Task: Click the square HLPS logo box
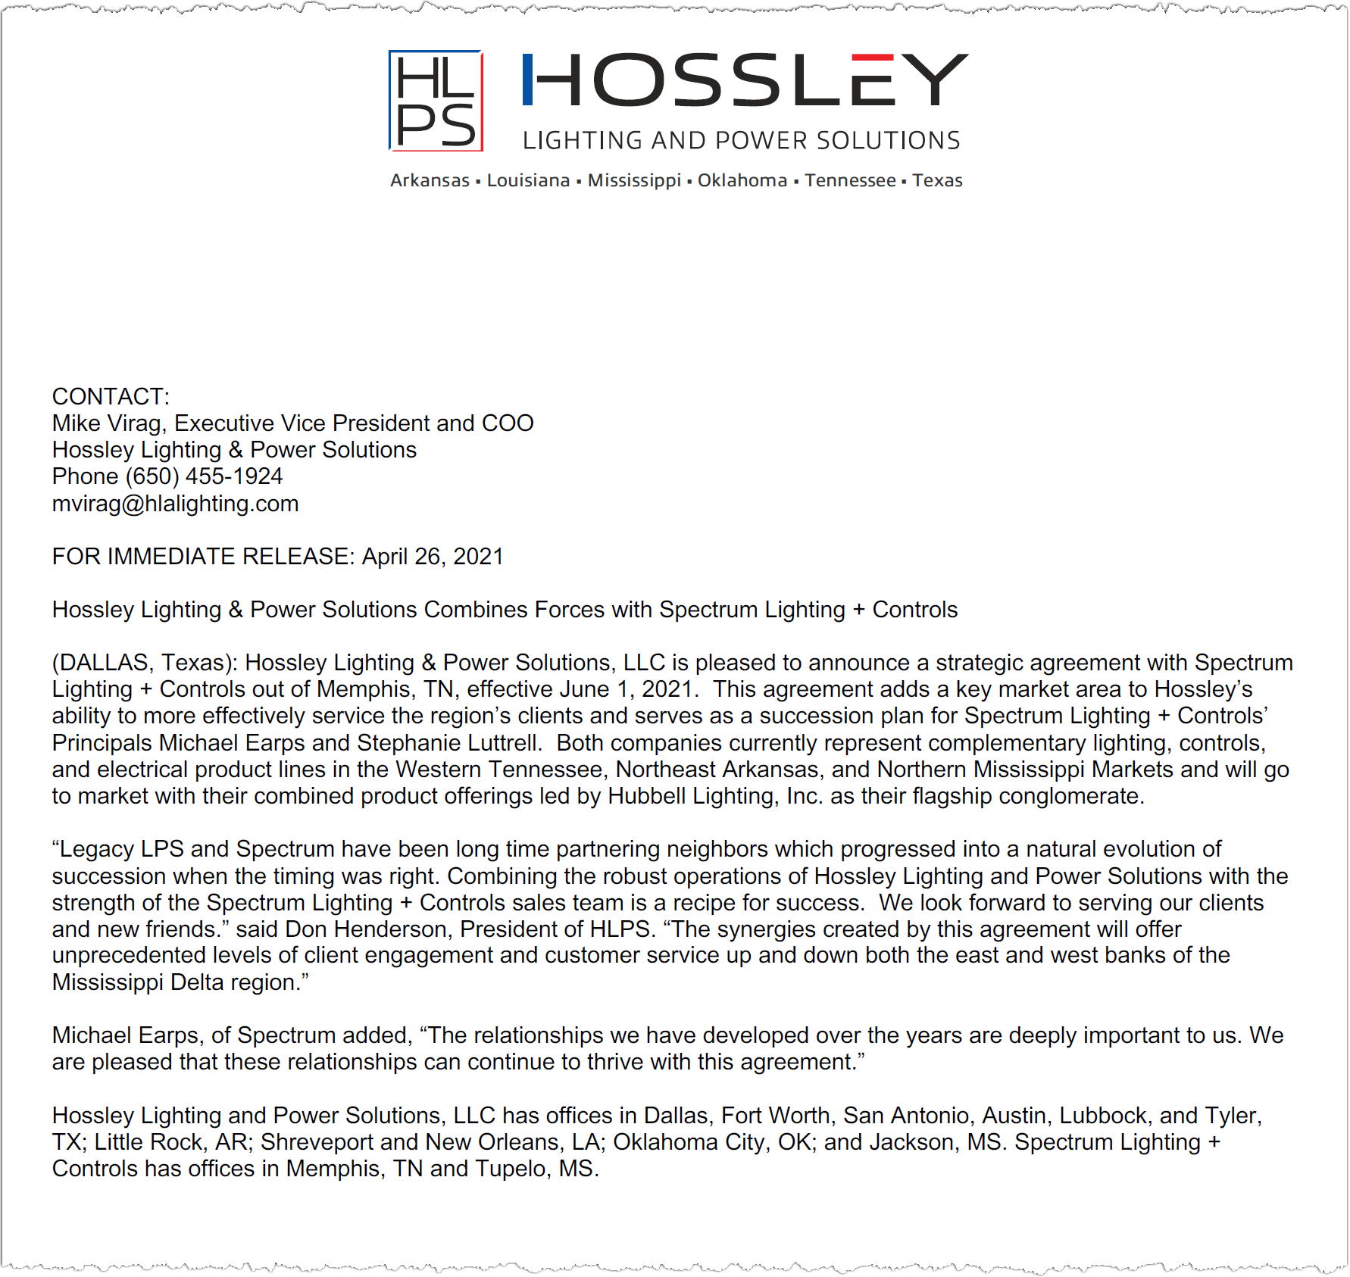pyautogui.click(x=436, y=101)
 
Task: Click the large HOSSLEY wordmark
pyautogui.click(x=745, y=80)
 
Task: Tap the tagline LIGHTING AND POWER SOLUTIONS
pyautogui.click(x=741, y=141)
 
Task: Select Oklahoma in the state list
pyautogui.click(x=742, y=180)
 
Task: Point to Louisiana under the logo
pyautogui.click(x=528, y=180)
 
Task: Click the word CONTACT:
pyautogui.click(x=111, y=396)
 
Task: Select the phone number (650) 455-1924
pyautogui.click(x=204, y=476)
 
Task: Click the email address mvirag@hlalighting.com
pyautogui.click(x=175, y=504)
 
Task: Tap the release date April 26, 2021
pyautogui.click(x=433, y=557)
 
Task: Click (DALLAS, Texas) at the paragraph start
pyautogui.click(x=144, y=663)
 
